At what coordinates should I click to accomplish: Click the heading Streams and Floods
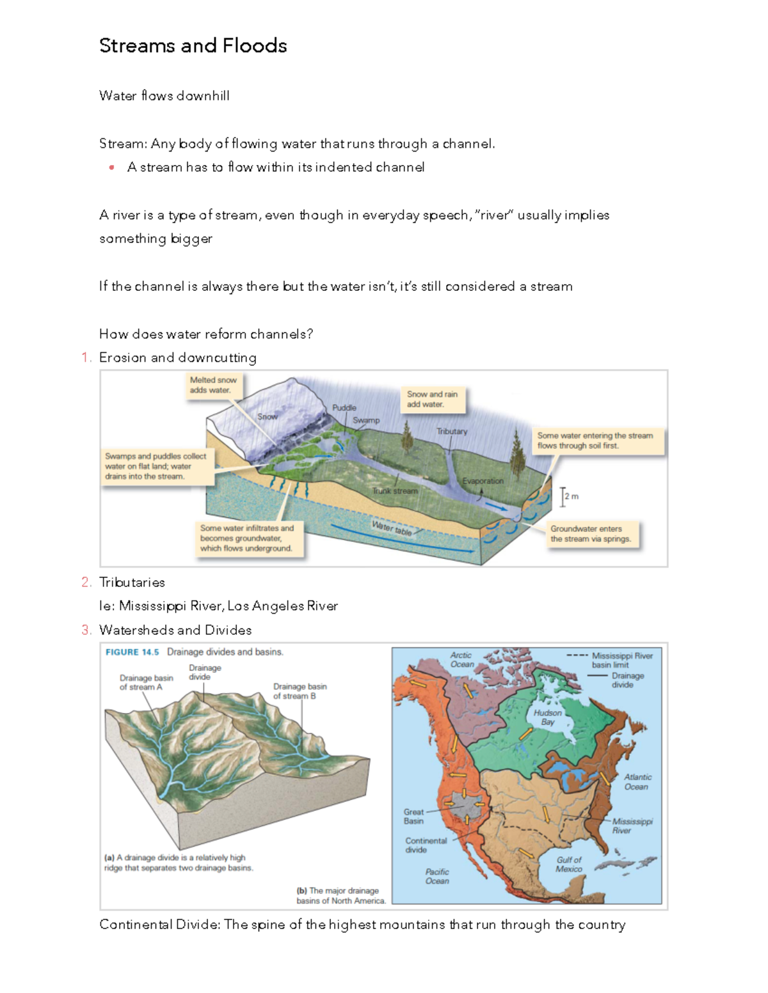tap(193, 46)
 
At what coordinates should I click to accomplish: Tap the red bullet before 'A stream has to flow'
tap(112, 168)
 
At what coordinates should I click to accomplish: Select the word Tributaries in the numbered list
tap(132, 583)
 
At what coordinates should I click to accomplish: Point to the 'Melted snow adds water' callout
tap(212, 385)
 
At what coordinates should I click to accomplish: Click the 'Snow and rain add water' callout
tap(432, 400)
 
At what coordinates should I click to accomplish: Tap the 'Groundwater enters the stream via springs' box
tap(590, 534)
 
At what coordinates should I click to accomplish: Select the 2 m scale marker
tap(569, 496)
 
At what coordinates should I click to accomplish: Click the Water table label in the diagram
tap(392, 528)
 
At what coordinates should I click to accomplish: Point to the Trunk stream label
tap(395, 491)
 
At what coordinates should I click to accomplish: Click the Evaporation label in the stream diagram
tap(483, 481)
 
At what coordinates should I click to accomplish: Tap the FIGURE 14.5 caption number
tap(132, 652)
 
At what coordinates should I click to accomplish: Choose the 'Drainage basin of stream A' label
tap(146, 682)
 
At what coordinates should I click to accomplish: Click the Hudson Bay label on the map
tap(547, 717)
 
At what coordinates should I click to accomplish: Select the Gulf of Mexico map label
tap(568, 864)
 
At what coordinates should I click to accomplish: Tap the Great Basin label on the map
tap(413, 817)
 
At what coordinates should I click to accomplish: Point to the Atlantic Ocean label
tap(637, 782)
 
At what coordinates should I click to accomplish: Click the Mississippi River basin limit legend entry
tap(621, 660)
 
